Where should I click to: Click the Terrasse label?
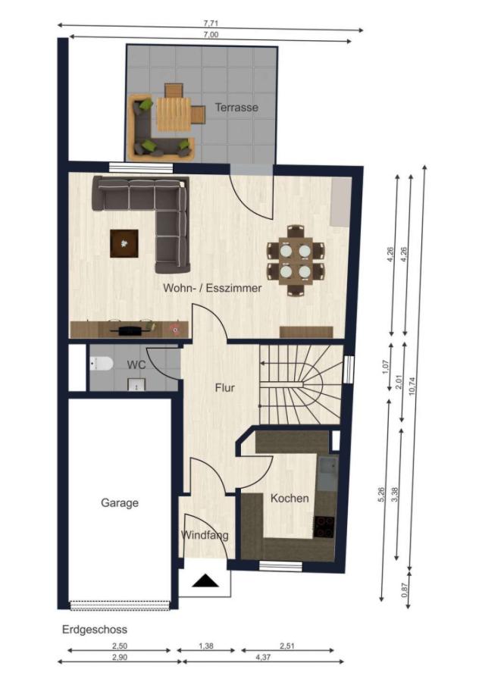point(236,107)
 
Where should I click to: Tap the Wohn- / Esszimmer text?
point(212,288)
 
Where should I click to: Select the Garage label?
point(120,503)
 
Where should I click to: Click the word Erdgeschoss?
point(95,630)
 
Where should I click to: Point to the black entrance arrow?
point(205,580)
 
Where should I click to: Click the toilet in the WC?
point(101,363)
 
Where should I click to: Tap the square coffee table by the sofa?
point(124,243)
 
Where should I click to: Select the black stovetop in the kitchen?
point(324,527)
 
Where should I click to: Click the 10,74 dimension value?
point(412,386)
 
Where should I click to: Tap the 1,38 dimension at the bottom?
point(206,646)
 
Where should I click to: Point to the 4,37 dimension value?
point(263,657)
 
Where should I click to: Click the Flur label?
point(224,387)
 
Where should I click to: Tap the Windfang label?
point(205,535)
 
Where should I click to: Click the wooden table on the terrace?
point(174,114)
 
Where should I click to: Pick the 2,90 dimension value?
point(120,657)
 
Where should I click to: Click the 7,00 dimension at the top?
point(211,34)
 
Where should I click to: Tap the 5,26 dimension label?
point(381,495)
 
